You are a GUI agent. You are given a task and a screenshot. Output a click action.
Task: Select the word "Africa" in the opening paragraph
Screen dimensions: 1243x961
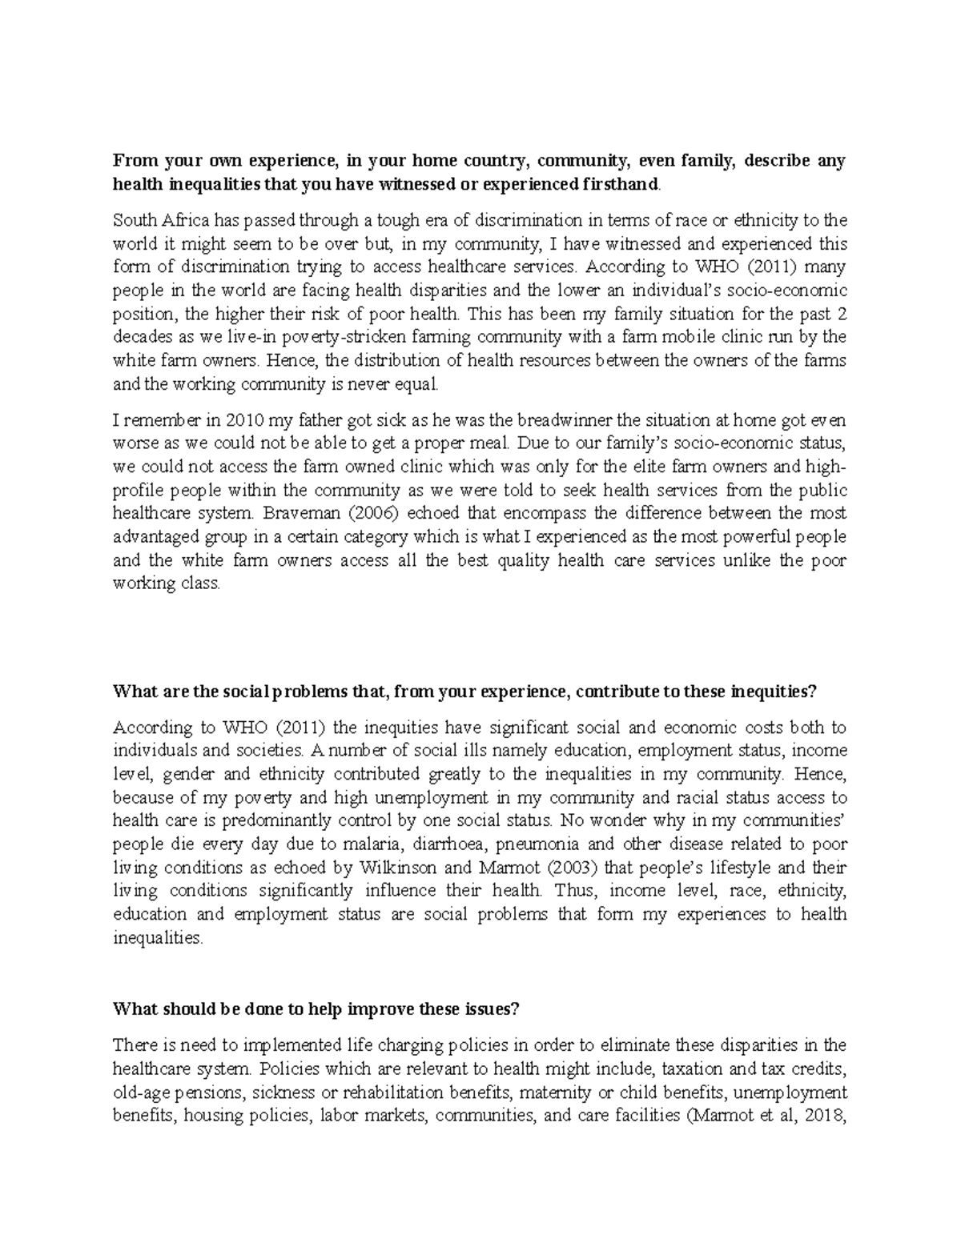[176, 220]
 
